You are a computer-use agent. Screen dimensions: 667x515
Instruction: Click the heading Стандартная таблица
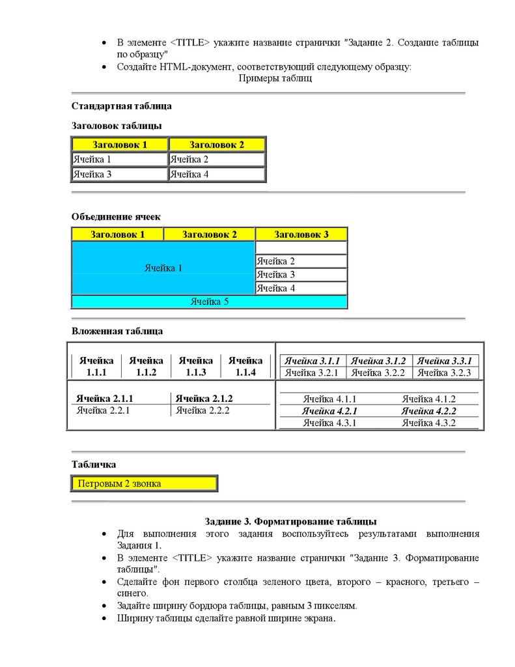click(x=122, y=106)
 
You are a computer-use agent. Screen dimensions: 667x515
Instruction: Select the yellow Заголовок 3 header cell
click(x=301, y=234)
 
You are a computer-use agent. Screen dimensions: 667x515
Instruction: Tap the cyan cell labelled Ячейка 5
click(x=209, y=302)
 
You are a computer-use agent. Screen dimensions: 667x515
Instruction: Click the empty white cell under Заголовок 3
click(x=301, y=248)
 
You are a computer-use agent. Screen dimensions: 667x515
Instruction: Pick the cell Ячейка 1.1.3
click(x=196, y=366)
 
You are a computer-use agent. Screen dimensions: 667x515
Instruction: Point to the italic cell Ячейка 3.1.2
click(x=379, y=361)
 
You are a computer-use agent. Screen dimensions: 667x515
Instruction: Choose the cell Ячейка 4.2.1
click(x=329, y=411)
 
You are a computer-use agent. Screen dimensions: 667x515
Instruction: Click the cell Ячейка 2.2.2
click(x=202, y=410)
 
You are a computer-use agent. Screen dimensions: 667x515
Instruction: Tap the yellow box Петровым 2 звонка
click(x=143, y=483)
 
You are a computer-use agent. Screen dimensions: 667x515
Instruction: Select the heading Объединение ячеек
click(x=116, y=217)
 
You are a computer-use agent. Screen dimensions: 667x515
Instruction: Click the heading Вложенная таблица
click(x=117, y=331)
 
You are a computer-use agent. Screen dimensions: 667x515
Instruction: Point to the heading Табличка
click(x=94, y=464)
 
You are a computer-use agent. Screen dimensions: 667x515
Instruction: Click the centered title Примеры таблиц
click(x=275, y=78)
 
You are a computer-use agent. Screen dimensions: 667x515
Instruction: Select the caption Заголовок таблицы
click(x=117, y=126)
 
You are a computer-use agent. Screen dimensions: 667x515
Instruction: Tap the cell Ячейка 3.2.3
click(x=447, y=373)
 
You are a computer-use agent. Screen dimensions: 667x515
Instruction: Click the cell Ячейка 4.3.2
click(x=428, y=423)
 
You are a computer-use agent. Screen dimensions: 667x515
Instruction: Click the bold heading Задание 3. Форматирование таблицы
click(x=290, y=521)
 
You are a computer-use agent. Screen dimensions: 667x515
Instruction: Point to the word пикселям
click(x=335, y=605)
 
